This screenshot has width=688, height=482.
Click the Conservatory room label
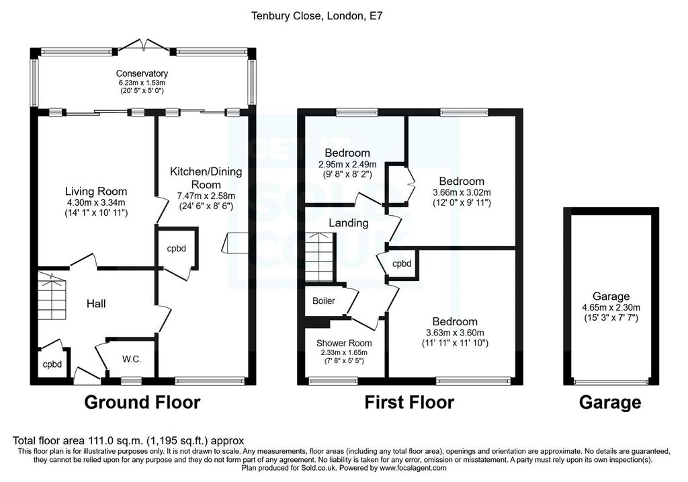pyautogui.click(x=142, y=73)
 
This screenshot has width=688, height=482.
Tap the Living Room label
pyautogui.click(x=96, y=192)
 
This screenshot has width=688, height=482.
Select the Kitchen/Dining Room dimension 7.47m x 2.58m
pyautogui.click(x=206, y=196)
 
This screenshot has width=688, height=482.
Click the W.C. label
pyautogui.click(x=132, y=359)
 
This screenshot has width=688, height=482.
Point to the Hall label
pyautogui.click(x=96, y=303)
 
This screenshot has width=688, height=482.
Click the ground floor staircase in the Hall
pyautogui.click(x=52, y=296)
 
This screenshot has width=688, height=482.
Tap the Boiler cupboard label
pyautogui.click(x=324, y=300)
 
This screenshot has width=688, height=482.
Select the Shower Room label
pyautogui.click(x=344, y=344)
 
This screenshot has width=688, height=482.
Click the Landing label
pyautogui.click(x=349, y=223)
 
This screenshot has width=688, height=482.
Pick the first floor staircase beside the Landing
pyautogui.click(x=320, y=257)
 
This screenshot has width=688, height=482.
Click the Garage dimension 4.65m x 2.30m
pyautogui.click(x=610, y=307)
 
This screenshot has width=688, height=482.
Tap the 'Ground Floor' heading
pyautogui.click(x=142, y=402)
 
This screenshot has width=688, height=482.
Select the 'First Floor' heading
pyautogui.click(x=409, y=402)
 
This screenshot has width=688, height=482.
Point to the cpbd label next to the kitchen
pyautogui.click(x=177, y=249)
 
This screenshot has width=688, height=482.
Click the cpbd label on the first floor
pyautogui.click(x=402, y=264)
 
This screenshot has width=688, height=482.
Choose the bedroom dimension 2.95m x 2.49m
pyautogui.click(x=347, y=165)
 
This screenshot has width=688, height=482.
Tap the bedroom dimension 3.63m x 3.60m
pyautogui.click(x=455, y=333)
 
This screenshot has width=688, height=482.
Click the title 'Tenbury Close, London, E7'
pyautogui.click(x=317, y=16)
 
